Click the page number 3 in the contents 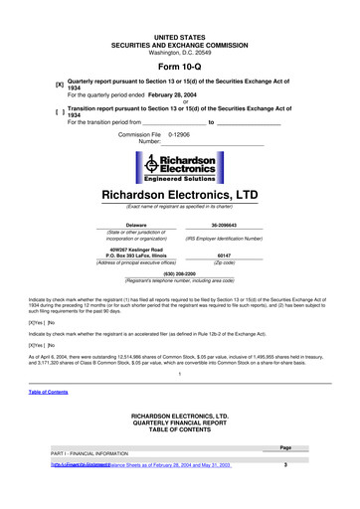[x=285, y=465]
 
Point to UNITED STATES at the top [x=180, y=8]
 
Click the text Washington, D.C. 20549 [x=180, y=24]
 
